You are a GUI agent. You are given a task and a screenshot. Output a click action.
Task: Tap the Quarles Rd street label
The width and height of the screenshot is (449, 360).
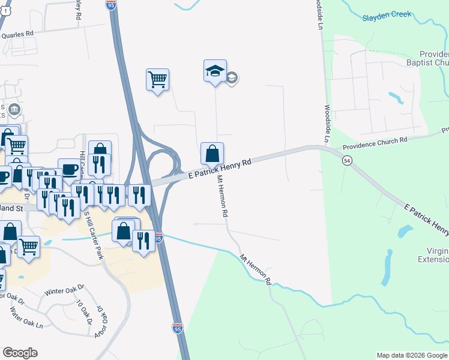[18, 35]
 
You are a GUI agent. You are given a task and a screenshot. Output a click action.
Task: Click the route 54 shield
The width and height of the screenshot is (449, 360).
[347, 160]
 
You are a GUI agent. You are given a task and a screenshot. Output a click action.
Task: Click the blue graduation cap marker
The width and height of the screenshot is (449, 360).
[215, 71]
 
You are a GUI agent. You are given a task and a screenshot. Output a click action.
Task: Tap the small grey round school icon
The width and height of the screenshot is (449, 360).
[232, 78]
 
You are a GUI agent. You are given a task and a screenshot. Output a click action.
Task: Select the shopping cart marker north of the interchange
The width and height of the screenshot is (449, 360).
[157, 79]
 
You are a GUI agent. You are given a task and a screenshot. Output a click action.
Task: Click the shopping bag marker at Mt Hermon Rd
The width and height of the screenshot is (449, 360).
[212, 154]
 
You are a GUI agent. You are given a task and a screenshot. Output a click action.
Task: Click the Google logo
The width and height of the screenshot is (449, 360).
[20, 353]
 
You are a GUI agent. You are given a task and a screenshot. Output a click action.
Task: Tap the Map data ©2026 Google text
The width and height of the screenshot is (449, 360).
[411, 355]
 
